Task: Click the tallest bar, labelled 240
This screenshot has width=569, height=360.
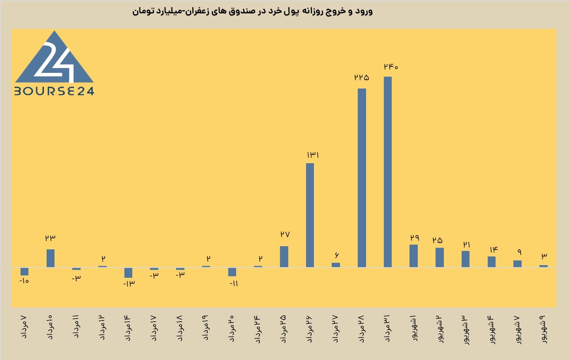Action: (388, 172)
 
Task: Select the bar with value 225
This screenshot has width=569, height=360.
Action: (362, 178)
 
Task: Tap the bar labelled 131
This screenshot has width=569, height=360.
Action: (310, 215)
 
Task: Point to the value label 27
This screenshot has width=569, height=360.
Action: (285, 234)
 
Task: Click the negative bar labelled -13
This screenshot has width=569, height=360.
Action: (128, 273)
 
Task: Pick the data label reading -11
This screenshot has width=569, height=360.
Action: (234, 283)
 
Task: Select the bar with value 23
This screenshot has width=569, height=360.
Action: (50, 258)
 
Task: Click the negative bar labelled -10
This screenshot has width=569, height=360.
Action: (24, 271)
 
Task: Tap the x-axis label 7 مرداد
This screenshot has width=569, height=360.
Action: (24, 327)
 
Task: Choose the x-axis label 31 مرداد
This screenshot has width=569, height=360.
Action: (387, 328)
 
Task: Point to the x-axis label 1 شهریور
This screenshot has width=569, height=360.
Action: (413, 328)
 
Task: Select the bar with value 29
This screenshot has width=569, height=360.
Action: (413, 256)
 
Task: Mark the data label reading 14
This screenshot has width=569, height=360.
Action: (494, 250)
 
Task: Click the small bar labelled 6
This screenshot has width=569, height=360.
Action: (336, 265)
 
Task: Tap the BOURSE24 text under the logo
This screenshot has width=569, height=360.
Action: (54, 91)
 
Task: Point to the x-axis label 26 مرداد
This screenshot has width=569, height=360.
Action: (309, 329)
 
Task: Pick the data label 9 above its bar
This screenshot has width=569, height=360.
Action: (520, 252)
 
